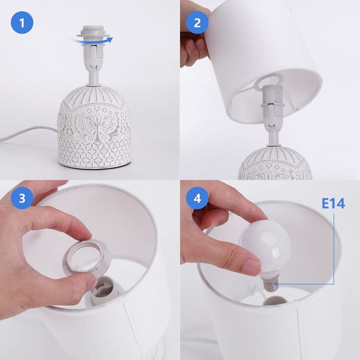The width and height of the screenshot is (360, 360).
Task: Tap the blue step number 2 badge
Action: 197,23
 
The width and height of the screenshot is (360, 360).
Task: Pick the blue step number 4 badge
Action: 197,198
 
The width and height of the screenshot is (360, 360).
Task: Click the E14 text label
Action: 333,203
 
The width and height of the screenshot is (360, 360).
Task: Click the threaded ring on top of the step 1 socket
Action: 94,33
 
